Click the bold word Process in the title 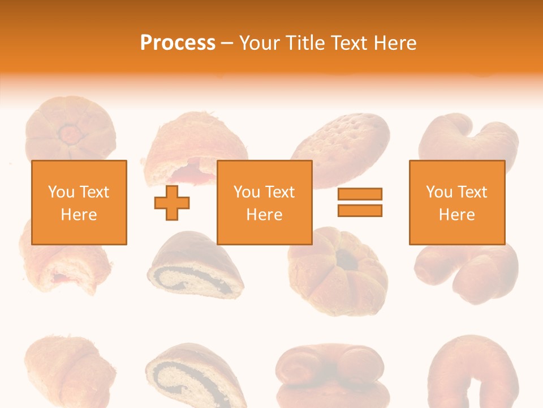point(178,43)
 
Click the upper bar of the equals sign point(360,194)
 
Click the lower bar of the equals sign point(360,210)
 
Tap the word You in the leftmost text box point(62,192)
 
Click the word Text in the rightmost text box point(472,192)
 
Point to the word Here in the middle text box point(265,215)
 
